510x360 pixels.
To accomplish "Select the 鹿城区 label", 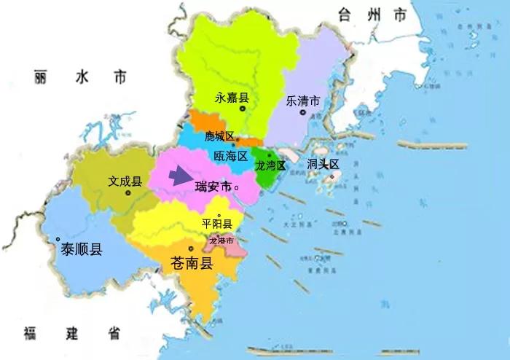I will coord(219,136).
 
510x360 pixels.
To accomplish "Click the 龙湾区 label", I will coord(270,166).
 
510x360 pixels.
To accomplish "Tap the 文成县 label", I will coord(125,181).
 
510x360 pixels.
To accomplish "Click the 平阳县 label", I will coord(216,224).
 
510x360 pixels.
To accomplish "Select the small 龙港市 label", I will coord(221,240).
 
